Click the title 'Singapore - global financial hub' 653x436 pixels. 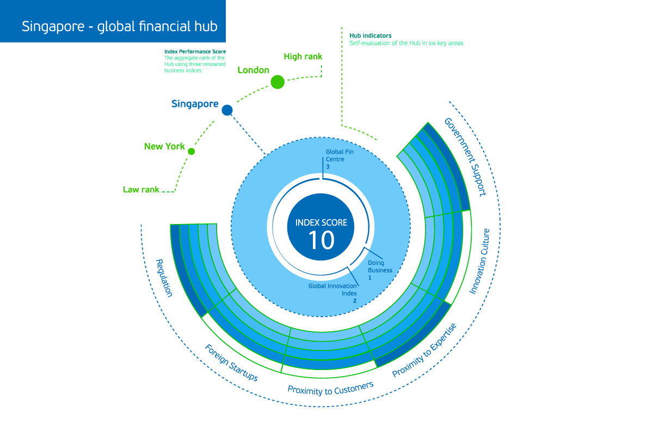point(120,27)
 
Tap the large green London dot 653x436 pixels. point(278,82)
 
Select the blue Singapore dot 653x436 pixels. point(227,110)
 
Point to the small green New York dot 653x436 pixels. point(191,152)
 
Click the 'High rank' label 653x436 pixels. point(303,56)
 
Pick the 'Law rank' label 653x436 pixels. point(141,190)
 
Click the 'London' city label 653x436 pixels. point(254,70)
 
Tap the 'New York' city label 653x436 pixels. point(164,146)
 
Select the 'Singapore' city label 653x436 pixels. point(195,104)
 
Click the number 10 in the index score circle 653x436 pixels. point(321,240)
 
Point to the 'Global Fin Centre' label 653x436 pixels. point(340,156)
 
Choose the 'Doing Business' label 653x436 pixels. point(380,267)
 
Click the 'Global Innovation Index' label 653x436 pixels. point(332,290)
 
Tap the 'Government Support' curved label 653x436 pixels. point(465,157)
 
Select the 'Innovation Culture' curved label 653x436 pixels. point(479,262)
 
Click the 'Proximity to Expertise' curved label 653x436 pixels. point(424,350)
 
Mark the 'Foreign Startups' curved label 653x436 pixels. point(231,363)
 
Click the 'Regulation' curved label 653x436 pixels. point(164,278)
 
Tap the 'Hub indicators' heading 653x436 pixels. point(371,35)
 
